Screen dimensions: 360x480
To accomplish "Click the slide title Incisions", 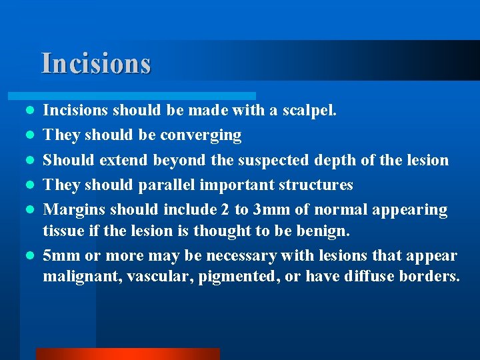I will point(96,63).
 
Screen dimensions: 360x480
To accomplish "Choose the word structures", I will point(316,185).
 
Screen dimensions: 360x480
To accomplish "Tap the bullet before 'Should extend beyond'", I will point(30,160).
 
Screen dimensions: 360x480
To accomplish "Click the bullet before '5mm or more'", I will point(30,256).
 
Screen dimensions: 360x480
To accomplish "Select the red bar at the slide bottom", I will point(127,354).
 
